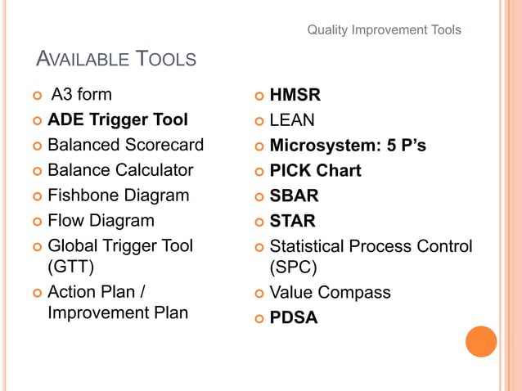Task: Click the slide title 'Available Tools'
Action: tap(117, 59)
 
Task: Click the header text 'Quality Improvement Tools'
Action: tap(384, 30)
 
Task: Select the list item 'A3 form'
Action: tap(81, 95)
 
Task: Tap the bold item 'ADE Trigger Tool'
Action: tap(118, 120)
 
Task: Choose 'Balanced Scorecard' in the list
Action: tap(125, 146)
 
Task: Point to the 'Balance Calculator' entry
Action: tap(120, 170)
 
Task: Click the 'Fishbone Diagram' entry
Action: tap(119, 195)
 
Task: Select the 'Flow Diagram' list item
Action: tap(101, 220)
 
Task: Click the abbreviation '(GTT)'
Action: tap(71, 267)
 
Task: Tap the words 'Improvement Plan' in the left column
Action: tap(118, 312)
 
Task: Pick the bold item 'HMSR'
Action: tap(295, 96)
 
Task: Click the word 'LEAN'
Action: tap(292, 120)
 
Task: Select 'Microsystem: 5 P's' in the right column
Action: tap(348, 146)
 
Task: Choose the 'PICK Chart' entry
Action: tap(315, 171)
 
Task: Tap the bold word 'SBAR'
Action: tap(295, 196)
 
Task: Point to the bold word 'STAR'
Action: tap(293, 221)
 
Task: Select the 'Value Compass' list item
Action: tap(330, 292)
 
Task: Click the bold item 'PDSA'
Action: tap(294, 317)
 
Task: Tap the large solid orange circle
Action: tap(481, 341)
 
